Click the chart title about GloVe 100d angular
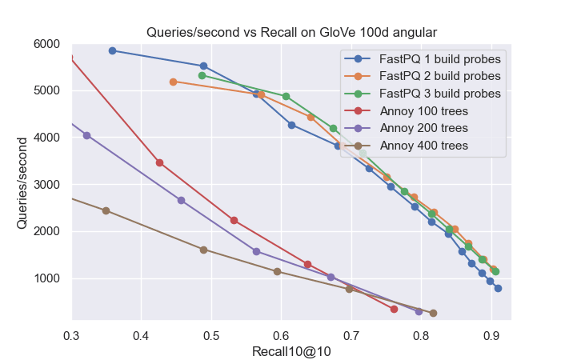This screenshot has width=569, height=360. pos(291,33)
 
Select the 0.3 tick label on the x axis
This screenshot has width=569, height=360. pos(72,335)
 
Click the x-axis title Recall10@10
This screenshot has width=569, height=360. pos(291,350)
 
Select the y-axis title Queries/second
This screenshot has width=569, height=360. pos(23,182)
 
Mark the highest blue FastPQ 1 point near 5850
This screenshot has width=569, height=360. pos(112,50)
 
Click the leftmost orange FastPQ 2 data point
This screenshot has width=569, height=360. pos(173,82)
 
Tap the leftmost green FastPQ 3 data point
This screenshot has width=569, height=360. pos(202,75)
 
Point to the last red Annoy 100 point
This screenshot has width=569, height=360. pos(394,309)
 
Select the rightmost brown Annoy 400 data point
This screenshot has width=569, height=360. pos(433,313)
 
